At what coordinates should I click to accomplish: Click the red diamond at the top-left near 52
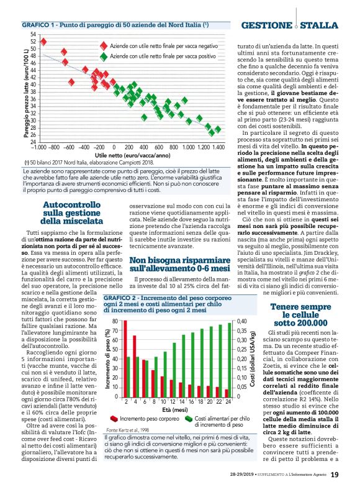[43, 42]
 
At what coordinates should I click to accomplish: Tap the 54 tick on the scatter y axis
[33, 35]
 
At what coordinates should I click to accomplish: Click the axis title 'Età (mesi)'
[173, 409]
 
